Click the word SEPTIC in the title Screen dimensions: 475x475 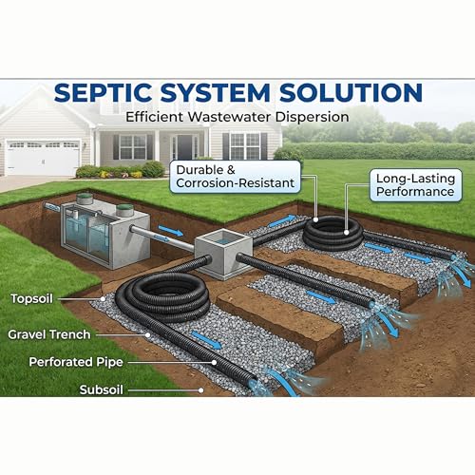pos(103,92)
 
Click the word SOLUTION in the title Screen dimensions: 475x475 pos(351,92)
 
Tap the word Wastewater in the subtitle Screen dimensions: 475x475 pos(230,117)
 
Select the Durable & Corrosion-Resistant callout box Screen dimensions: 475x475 pos(235,177)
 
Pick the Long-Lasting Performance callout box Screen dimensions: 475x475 pos(416,185)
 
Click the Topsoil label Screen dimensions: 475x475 pos(31,298)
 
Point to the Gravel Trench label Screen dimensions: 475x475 pos(49,334)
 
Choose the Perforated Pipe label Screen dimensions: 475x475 pos(76,362)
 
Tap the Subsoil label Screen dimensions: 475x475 pos(102,389)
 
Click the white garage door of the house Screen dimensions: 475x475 pos(43,158)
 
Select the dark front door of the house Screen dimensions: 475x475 pos(184,147)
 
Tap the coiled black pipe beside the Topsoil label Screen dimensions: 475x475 pos(162,297)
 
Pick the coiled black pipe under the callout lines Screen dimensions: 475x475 pos(332,234)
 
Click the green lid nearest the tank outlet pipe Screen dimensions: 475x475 pos(124,210)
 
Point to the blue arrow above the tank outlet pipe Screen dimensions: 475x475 pos(171,231)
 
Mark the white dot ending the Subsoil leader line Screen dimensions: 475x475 pos(200,390)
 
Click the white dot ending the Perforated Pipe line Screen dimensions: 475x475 pos(215,363)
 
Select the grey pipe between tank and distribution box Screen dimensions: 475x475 pos(163,238)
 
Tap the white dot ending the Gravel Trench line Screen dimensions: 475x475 pos(147,334)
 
